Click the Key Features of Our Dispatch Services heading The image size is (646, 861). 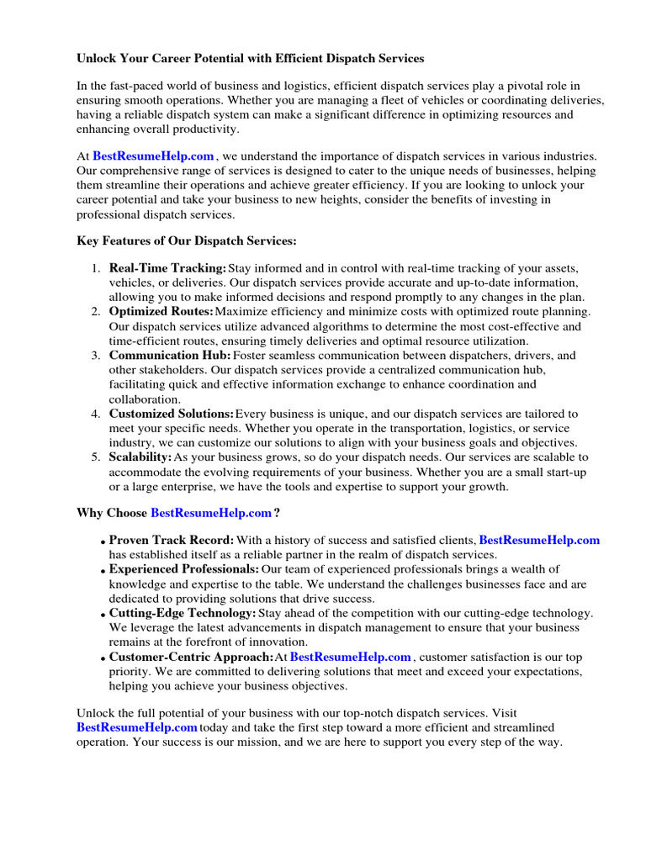pyautogui.click(x=187, y=241)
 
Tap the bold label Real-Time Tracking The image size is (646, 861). pyautogui.click(x=167, y=268)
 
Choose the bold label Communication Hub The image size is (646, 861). pyautogui.click(x=170, y=356)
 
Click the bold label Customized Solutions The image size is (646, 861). pyautogui.click(x=172, y=414)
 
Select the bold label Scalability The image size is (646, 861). pyautogui.click(x=140, y=457)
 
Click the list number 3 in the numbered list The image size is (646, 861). pyautogui.click(x=96, y=356)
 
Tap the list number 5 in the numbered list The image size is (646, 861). pyautogui.click(x=96, y=457)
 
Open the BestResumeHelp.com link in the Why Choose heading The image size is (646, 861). pyautogui.click(x=211, y=513)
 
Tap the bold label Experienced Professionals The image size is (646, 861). pyautogui.click(x=183, y=569)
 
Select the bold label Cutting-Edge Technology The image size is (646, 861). pyautogui.click(x=183, y=613)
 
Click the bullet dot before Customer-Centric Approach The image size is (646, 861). pyautogui.click(x=103, y=659)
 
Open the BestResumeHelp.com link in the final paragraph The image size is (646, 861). pyautogui.click(x=137, y=727)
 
